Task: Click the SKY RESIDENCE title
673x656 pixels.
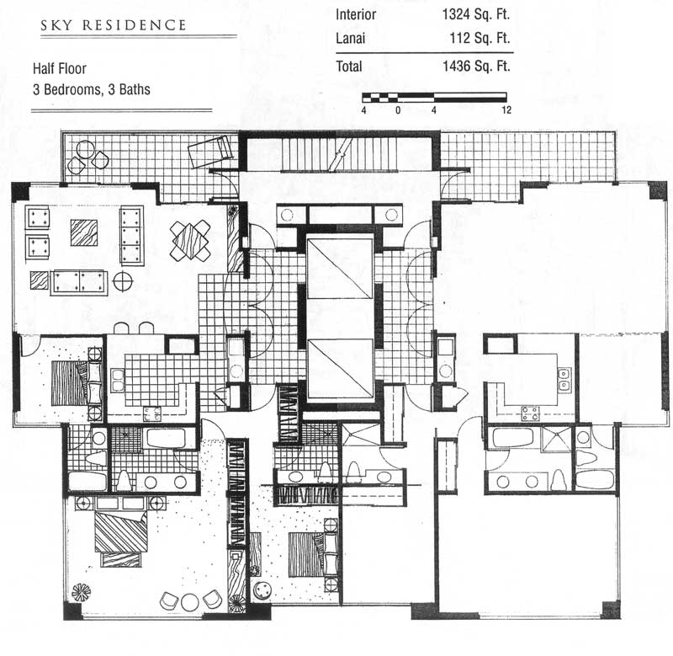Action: coord(114,25)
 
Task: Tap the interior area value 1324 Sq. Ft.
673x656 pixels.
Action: coord(476,14)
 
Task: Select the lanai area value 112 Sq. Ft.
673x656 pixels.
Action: coord(480,38)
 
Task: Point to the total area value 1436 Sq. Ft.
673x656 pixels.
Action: coord(476,67)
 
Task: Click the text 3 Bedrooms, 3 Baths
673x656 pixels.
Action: coord(92,89)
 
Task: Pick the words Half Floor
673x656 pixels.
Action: coord(60,68)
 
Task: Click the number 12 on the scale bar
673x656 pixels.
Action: coord(506,110)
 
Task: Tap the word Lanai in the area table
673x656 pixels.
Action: coord(350,38)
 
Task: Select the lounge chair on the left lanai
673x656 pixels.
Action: coord(210,152)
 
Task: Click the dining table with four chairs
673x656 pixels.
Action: coord(190,240)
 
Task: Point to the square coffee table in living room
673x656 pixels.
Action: coord(83,233)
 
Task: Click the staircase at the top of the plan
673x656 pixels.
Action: coord(339,154)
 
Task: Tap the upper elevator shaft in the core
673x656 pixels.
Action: coord(340,267)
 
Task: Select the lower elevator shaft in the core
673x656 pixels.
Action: coord(341,368)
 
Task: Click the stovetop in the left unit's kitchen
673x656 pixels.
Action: coord(152,414)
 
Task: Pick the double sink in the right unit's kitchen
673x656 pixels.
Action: coord(564,379)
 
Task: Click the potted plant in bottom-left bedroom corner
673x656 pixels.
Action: coord(80,593)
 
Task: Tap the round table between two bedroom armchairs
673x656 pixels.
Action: coord(189,602)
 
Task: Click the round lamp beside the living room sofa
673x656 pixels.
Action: coord(123,281)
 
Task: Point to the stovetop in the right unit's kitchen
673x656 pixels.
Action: coord(530,414)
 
